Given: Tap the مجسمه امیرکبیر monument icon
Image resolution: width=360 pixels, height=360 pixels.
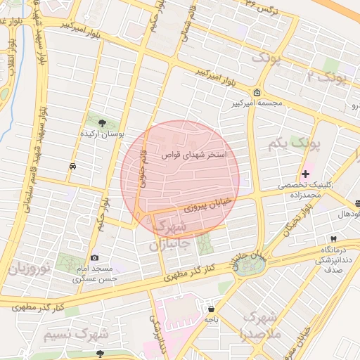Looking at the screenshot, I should tap(257, 93).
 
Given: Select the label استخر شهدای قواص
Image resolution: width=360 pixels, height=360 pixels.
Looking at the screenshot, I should tap(193, 155).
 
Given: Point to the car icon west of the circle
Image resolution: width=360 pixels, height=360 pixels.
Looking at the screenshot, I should tap(73, 167).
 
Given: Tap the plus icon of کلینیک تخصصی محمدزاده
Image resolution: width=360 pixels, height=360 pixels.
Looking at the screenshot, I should tap(305, 174).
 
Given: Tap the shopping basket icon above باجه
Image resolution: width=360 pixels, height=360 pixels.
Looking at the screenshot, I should tap(211, 308).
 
